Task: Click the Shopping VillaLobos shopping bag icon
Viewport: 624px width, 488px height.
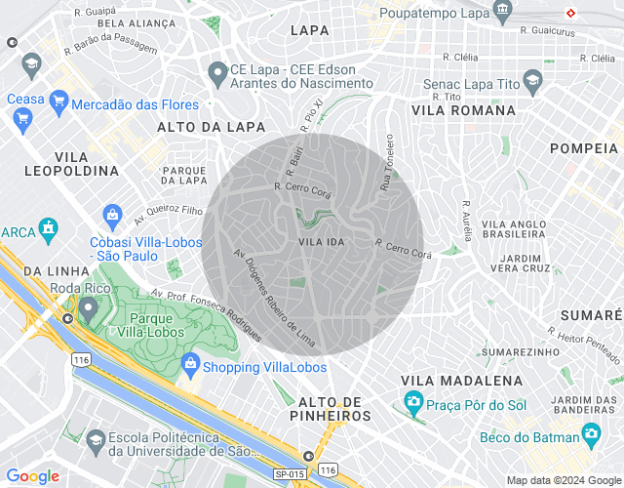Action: (190, 367)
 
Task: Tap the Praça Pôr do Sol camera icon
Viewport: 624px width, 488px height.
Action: (413, 401)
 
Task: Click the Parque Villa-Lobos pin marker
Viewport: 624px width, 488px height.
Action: (88, 309)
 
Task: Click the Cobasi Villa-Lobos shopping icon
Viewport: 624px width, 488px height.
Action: (112, 214)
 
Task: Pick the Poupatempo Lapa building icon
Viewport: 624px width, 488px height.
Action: (503, 12)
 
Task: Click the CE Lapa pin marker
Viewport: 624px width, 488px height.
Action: (218, 73)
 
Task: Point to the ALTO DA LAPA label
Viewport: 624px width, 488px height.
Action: (198, 127)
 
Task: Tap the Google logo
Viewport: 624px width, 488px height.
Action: (32, 476)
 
